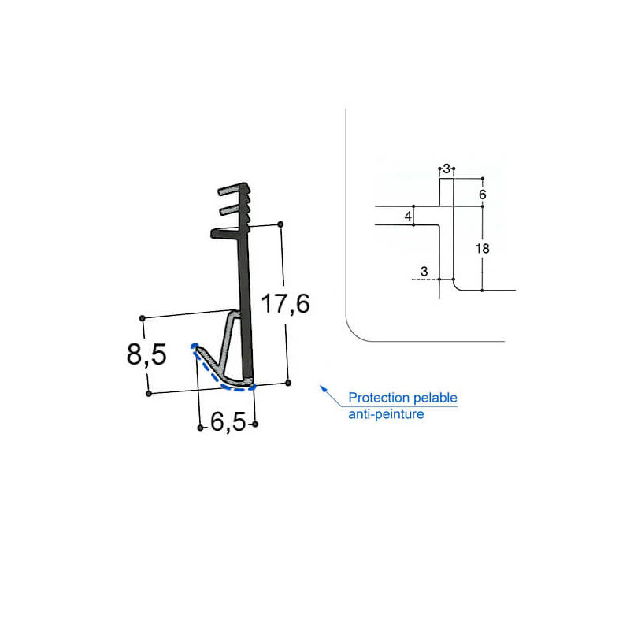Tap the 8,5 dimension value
point(146,355)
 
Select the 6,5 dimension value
point(228,424)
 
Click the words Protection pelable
point(402,398)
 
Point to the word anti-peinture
point(386,413)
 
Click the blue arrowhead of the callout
point(321,387)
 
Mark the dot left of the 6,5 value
point(200,428)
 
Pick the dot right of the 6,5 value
point(254,424)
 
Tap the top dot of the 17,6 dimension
point(281,224)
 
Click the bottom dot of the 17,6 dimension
point(288,383)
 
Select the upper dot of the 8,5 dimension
point(143,318)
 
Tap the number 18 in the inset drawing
point(483,249)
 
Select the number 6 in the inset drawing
point(483,194)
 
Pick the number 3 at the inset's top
point(447,169)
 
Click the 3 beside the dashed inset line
point(424,272)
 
